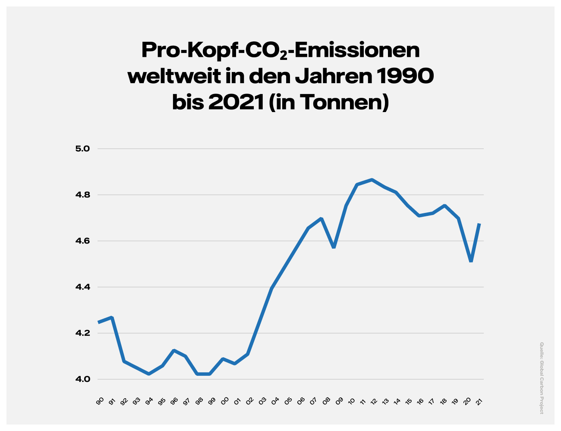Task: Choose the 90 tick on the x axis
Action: (100, 402)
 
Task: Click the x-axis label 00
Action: (225, 402)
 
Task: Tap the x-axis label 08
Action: (326, 402)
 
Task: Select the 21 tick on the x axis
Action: (479, 402)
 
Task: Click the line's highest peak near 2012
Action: (372, 180)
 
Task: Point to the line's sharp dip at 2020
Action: (471, 261)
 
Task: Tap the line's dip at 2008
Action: (334, 247)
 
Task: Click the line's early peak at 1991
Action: (112, 318)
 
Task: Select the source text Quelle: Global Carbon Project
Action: (542, 378)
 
